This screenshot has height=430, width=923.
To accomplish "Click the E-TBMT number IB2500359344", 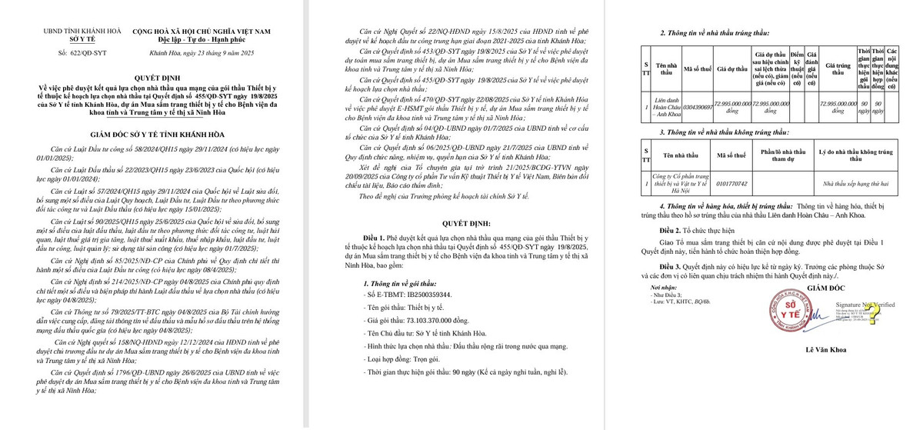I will click(408, 294).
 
